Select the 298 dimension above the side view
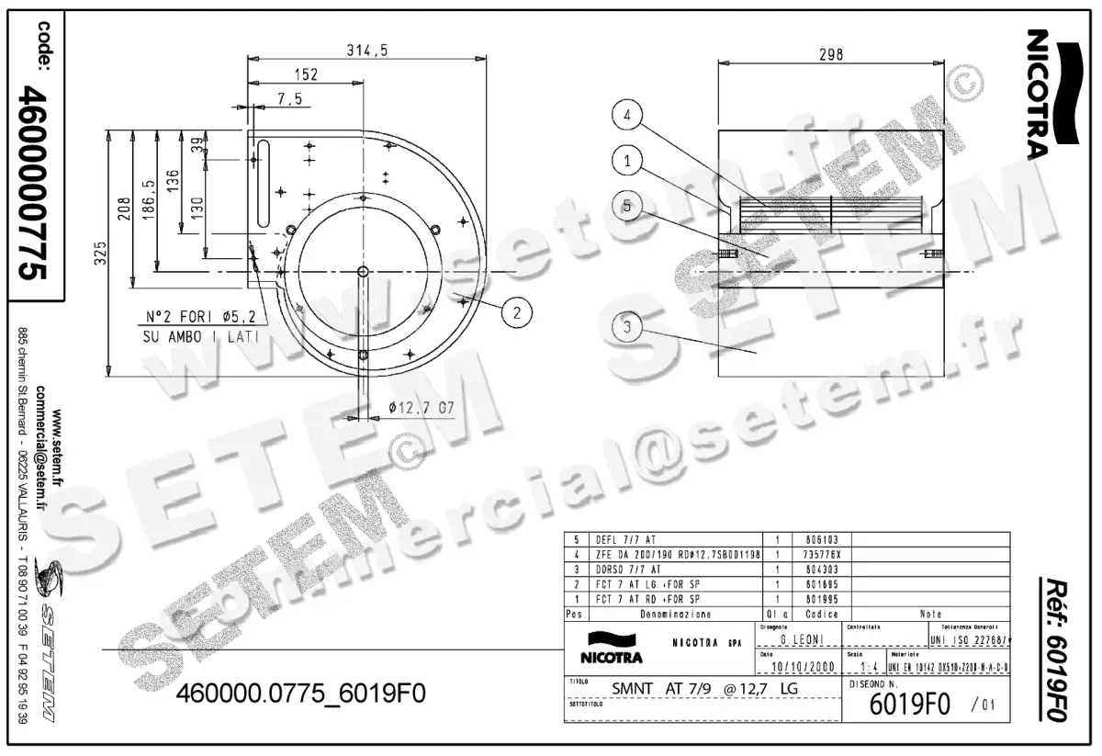click(x=830, y=55)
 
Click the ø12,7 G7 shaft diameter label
click(x=422, y=406)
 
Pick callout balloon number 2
click(x=517, y=312)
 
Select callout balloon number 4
click(x=626, y=117)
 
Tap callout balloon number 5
click(x=626, y=207)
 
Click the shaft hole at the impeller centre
click(x=363, y=271)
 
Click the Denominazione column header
click(x=674, y=613)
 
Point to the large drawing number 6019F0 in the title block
click(x=908, y=706)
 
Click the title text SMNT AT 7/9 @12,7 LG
click(x=704, y=688)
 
